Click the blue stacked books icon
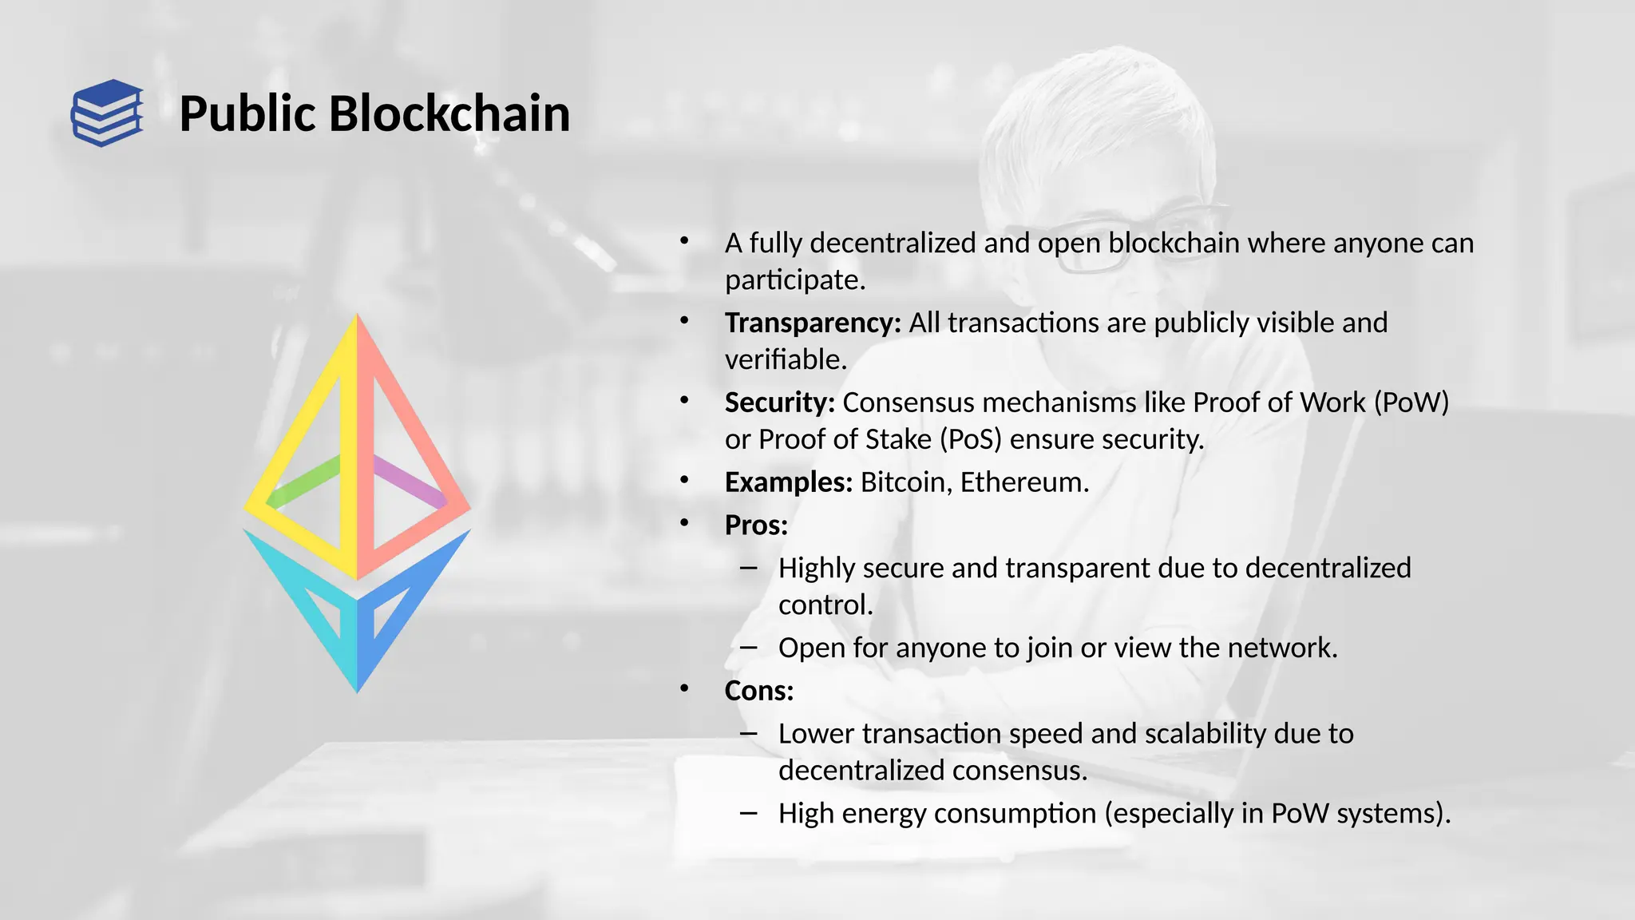pos(107,113)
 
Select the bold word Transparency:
pos(812,323)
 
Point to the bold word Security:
pos(779,402)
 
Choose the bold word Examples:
pos(788,482)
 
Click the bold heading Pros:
pos(755,525)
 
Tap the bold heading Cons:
pos(758,691)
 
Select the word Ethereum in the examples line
pos(1023,482)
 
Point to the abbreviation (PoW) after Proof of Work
pos(1411,402)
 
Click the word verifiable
pos(785,359)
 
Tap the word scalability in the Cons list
pos(1205,734)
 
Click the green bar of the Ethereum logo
pos(307,481)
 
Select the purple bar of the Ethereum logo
pos(409,481)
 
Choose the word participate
pos(794,280)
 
